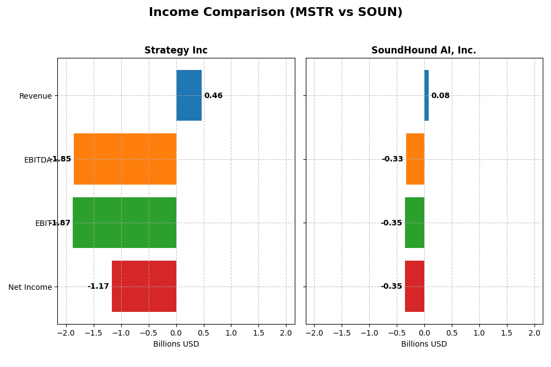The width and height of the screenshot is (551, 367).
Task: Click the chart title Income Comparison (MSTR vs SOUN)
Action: point(275,13)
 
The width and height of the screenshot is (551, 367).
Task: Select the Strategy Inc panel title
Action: point(176,51)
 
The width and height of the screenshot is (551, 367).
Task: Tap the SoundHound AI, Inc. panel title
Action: point(424,51)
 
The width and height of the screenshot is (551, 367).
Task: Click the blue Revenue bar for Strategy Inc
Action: point(189,95)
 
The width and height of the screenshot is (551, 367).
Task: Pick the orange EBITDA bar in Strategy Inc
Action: point(125,159)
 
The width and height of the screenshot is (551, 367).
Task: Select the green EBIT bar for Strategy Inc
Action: point(125,223)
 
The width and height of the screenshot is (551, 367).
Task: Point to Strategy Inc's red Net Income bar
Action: point(144,287)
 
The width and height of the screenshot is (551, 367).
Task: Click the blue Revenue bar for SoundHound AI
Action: point(426,95)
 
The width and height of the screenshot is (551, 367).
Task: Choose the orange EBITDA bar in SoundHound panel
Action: point(415,159)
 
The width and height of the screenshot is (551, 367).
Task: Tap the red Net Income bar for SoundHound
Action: point(414,287)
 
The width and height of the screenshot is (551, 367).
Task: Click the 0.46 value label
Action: point(213,96)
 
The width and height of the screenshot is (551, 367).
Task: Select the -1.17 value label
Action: point(98,287)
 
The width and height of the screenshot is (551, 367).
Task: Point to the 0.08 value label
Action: point(440,96)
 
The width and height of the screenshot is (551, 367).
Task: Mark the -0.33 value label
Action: point(392,159)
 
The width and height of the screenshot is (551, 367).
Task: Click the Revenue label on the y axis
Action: point(35,96)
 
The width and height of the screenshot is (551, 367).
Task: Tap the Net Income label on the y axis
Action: point(30,287)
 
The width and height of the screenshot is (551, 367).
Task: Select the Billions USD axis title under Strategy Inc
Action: point(176,344)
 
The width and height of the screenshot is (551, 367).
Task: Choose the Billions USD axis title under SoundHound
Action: point(424,344)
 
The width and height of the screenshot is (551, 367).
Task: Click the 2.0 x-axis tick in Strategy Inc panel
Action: point(286,333)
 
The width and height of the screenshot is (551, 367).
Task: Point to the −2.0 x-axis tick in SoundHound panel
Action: point(314,333)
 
